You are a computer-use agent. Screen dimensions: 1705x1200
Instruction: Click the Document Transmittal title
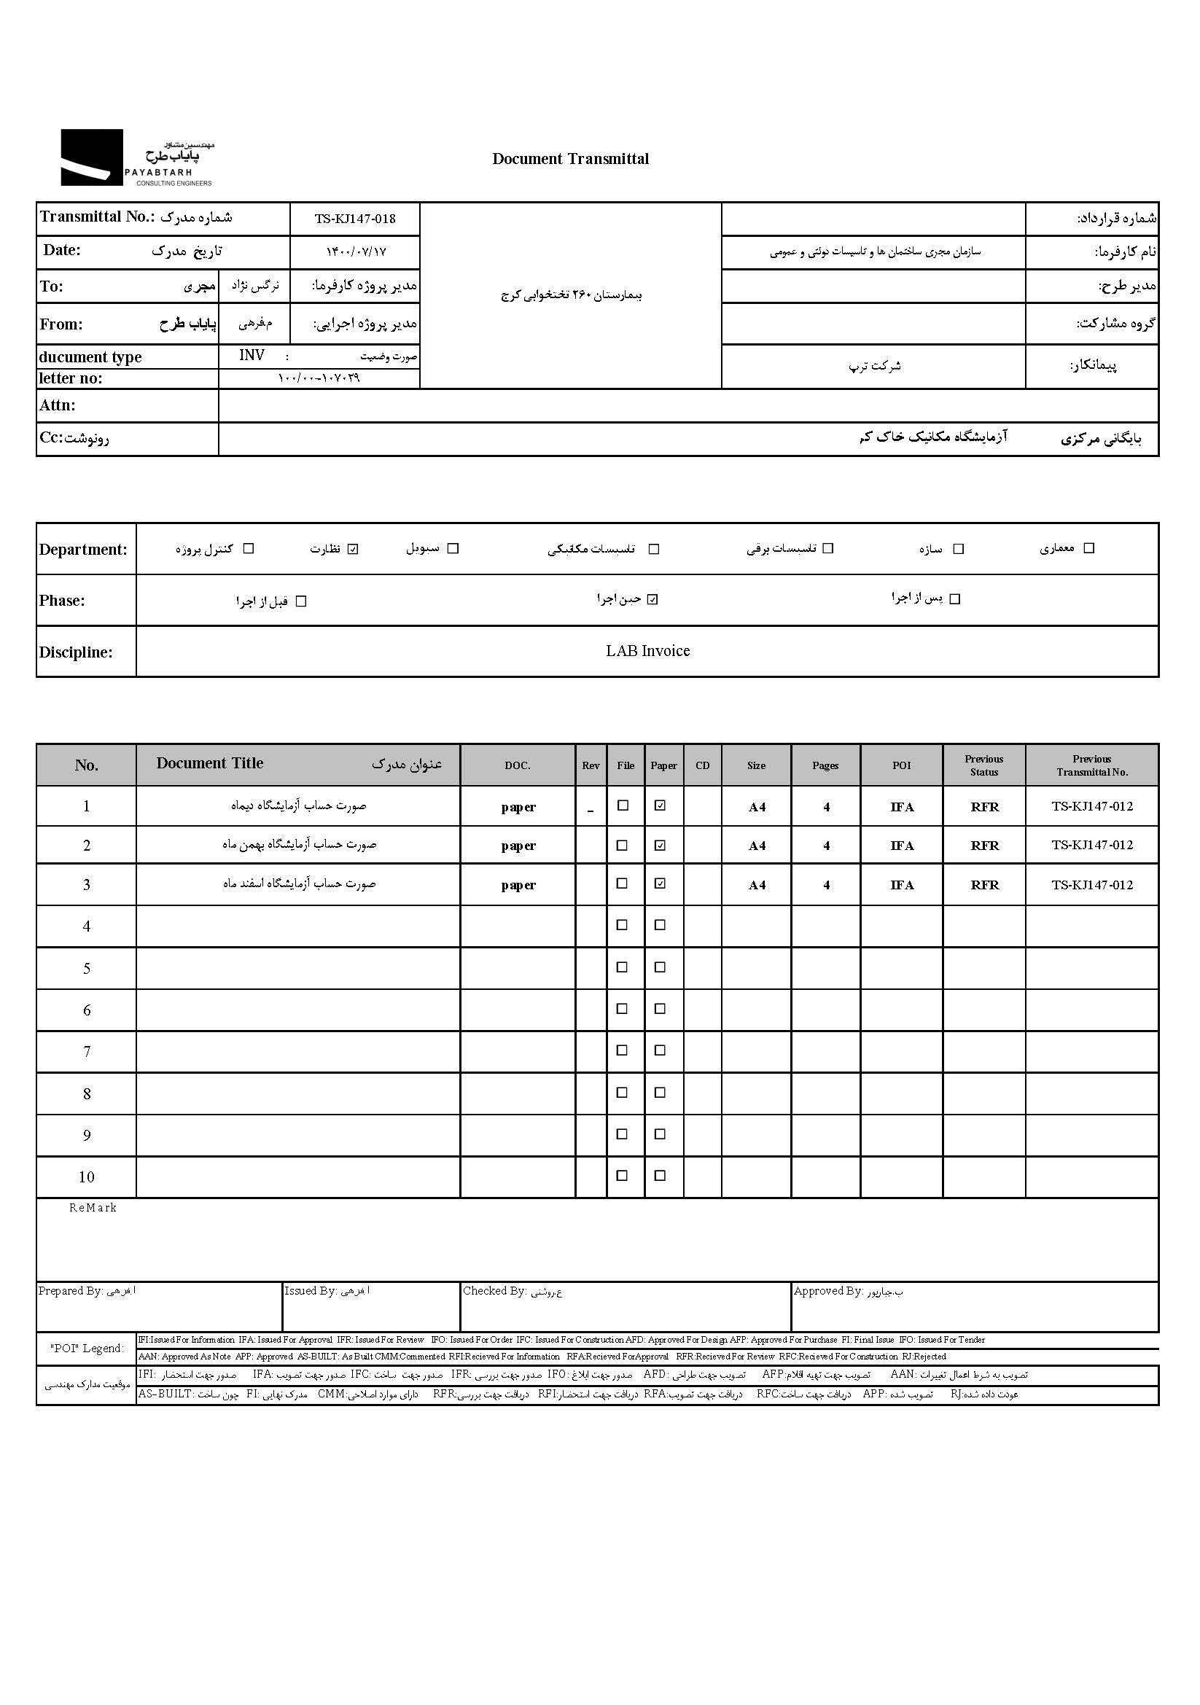pyautogui.click(x=570, y=159)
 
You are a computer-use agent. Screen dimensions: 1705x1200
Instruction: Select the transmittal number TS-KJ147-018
pyautogui.click(x=355, y=219)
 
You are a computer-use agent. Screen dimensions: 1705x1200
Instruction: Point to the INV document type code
pyautogui.click(x=252, y=356)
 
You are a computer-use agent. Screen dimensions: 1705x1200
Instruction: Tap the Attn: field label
pyautogui.click(x=57, y=405)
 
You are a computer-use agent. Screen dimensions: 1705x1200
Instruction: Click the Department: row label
pyautogui.click(x=83, y=550)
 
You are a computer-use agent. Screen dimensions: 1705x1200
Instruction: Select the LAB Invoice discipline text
pyautogui.click(x=647, y=651)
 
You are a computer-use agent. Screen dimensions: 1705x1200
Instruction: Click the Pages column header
pyautogui.click(x=825, y=765)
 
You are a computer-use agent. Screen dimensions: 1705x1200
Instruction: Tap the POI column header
pyautogui.click(x=902, y=765)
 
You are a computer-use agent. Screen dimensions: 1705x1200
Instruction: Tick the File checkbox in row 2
pyautogui.click(x=623, y=845)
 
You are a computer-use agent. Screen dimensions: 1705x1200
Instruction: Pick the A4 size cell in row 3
pyautogui.click(x=757, y=885)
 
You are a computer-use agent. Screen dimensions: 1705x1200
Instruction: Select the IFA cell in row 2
pyautogui.click(x=903, y=846)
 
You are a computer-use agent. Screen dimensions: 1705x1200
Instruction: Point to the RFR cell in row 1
pyautogui.click(x=985, y=807)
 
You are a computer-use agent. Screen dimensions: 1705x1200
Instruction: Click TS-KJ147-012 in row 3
pyautogui.click(x=1092, y=884)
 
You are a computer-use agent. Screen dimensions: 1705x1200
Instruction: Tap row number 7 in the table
pyautogui.click(x=87, y=1052)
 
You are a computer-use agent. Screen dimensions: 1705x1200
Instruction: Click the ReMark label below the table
pyautogui.click(x=93, y=1208)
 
